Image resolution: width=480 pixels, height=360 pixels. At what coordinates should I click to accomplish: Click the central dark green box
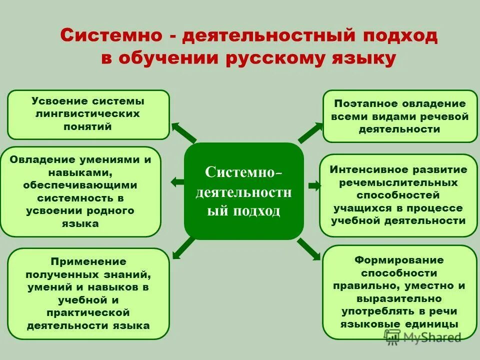[244, 191]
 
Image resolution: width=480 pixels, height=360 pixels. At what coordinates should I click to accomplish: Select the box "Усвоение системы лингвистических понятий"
[88, 114]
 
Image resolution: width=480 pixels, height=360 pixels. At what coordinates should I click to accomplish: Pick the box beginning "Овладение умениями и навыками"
[80, 191]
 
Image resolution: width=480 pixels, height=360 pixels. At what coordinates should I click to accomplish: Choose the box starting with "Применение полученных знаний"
[88, 293]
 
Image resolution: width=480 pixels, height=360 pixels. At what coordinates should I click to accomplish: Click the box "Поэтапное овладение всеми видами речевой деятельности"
[400, 116]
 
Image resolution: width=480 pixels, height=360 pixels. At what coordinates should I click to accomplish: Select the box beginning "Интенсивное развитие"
[398, 195]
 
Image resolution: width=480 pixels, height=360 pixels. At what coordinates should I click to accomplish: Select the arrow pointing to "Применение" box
[183, 247]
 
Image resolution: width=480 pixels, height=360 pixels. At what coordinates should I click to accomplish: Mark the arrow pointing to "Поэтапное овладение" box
[310, 133]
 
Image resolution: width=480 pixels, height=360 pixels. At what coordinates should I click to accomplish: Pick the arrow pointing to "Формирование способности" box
[309, 249]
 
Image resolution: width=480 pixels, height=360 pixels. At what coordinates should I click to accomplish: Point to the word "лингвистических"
[88, 114]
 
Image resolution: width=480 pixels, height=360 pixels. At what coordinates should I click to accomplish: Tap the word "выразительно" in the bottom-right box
[399, 298]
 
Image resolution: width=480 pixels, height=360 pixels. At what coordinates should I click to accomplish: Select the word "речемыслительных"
[398, 182]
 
